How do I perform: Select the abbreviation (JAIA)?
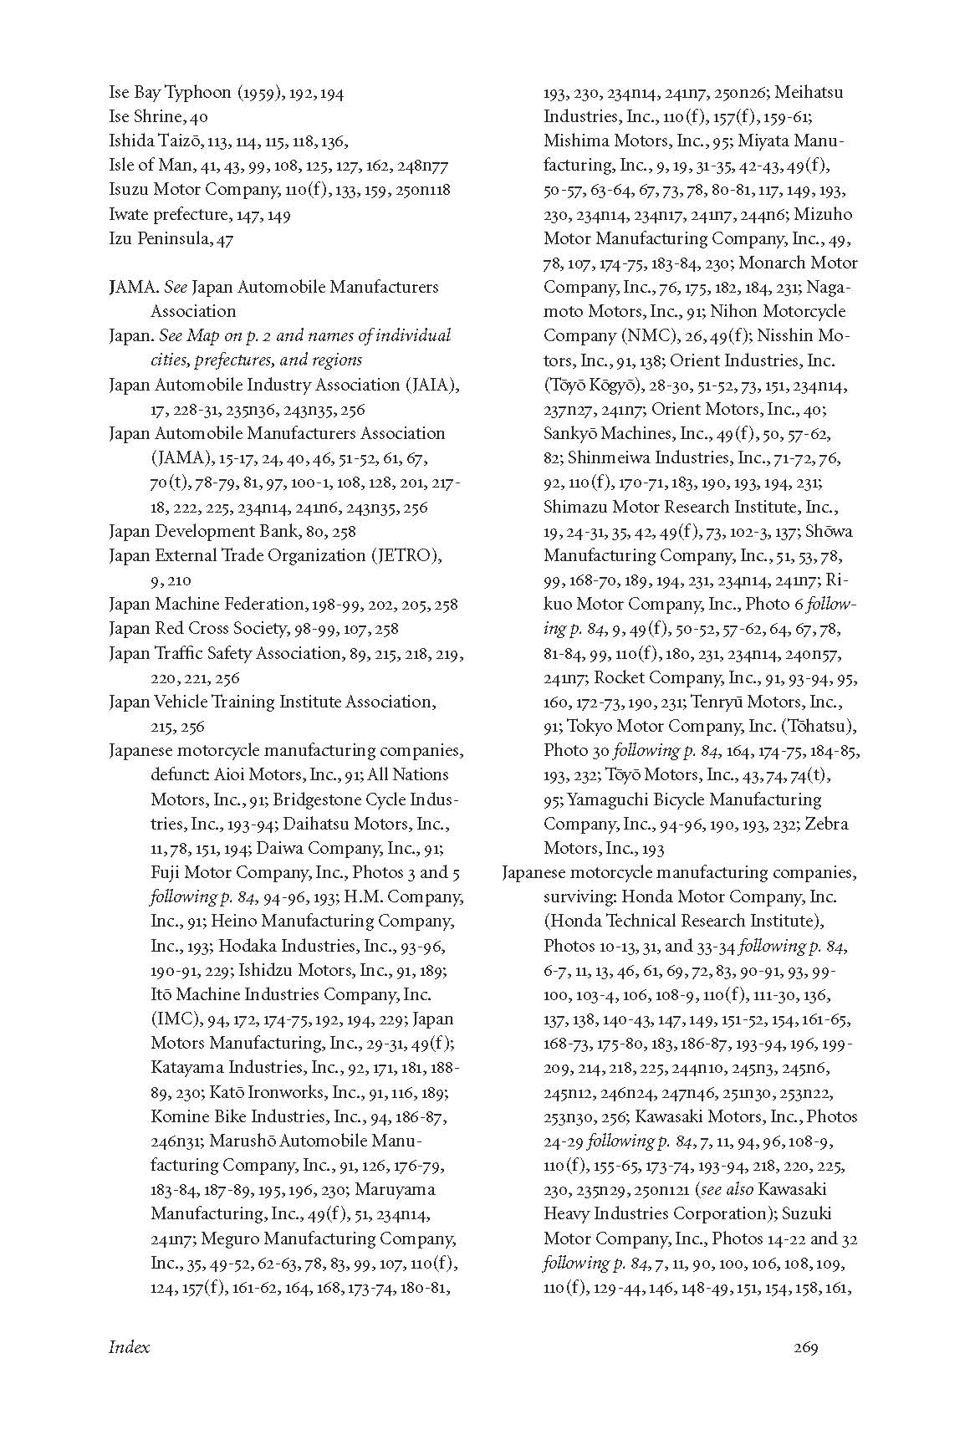click(432, 385)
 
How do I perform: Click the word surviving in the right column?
click(577, 896)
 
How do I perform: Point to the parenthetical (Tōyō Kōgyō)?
click(590, 385)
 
